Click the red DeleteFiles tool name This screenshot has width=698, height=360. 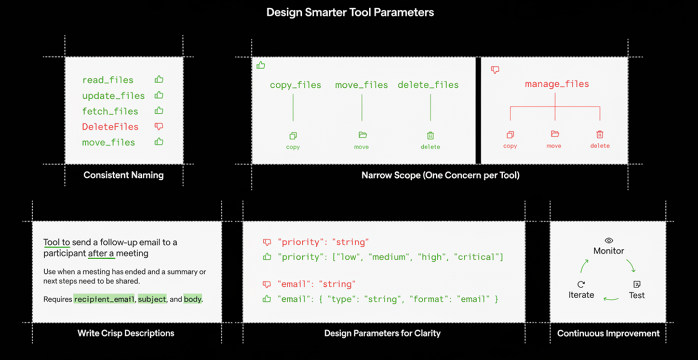click(x=110, y=127)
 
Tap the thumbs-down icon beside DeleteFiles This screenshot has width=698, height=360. click(x=159, y=126)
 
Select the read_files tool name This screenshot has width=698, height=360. click(x=108, y=80)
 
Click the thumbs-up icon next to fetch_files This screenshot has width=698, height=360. click(x=159, y=111)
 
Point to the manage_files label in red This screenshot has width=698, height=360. click(x=557, y=84)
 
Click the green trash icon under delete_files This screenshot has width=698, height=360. click(x=430, y=136)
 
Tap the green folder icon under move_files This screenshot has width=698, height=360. click(x=363, y=135)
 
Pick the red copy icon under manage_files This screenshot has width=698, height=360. click(x=510, y=135)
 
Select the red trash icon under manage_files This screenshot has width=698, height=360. click(x=600, y=135)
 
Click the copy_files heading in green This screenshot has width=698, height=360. click(x=296, y=85)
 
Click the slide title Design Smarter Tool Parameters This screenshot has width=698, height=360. click(x=350, y=12)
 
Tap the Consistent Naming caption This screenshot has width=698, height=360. click(x=124, y=175)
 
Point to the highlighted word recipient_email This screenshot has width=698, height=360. click(x=104, y=299)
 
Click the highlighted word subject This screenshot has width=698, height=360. click(x=152, y=299)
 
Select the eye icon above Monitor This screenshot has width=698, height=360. click(x=609, y=241)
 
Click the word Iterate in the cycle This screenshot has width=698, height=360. click(x=581, y=295)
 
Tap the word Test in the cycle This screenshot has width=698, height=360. click(x=637, y=295)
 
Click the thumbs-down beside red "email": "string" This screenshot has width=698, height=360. click(x=267, y=284)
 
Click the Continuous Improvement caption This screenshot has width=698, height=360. click(x=608, y=334)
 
